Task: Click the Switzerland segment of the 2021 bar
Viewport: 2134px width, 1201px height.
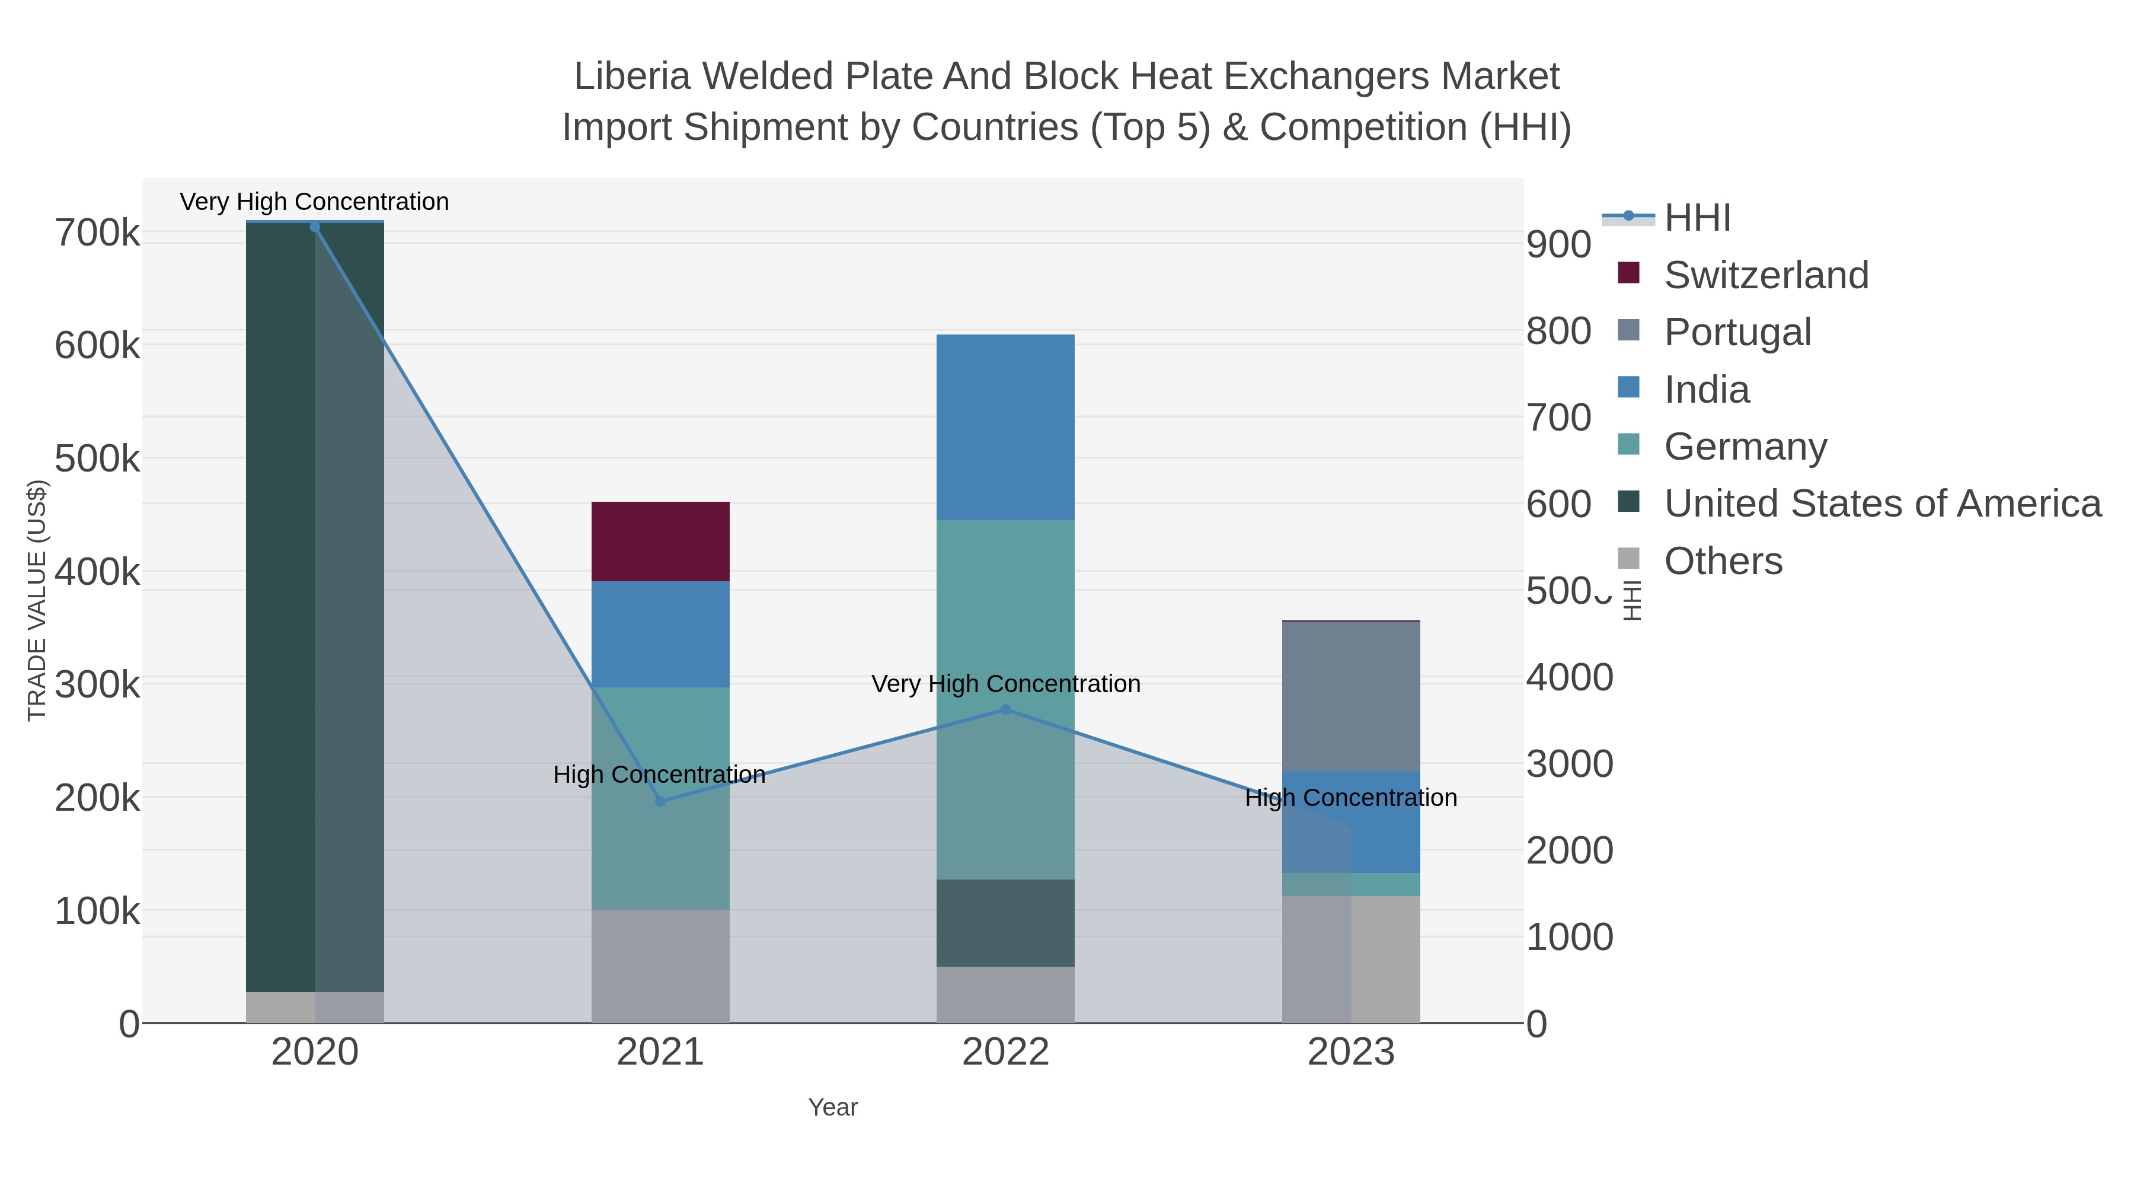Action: (660, 541)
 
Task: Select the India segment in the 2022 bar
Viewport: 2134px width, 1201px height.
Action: (1005, 427)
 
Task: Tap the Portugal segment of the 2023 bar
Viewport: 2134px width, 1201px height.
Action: (1350, 696)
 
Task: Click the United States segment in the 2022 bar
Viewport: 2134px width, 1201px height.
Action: (1005, 922)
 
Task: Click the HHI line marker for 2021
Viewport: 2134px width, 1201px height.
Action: (660, 801)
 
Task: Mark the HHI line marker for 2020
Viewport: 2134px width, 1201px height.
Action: (315, 227)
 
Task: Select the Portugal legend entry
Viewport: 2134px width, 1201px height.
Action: (1737, 332)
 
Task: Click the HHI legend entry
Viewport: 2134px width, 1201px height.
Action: (1697, 218)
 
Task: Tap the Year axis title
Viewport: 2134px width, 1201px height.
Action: (833, 1107)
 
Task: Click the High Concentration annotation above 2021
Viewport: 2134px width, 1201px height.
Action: (659, 774)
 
